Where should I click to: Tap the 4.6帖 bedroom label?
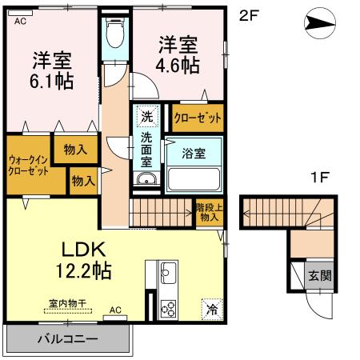(178, 55)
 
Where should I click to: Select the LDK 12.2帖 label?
(75, 257)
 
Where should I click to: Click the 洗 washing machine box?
(146, 117)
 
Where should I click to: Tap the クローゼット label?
(198, 118)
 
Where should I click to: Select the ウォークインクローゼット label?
(28, 165)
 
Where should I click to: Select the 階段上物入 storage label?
(210, 213)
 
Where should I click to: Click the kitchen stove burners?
(169, 306)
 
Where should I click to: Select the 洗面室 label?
(146, 148)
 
